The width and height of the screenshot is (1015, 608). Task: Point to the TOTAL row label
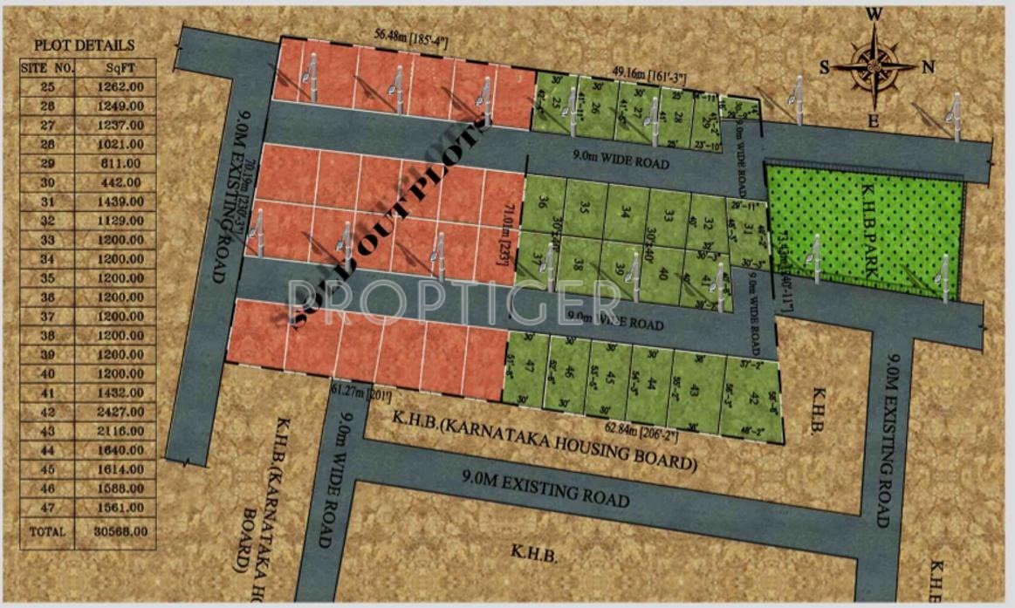(47, 530)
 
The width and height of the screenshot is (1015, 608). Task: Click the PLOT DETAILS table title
(84, 45)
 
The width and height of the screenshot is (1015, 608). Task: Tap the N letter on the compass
(929, 67)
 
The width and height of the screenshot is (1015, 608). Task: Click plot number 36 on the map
(543, 203)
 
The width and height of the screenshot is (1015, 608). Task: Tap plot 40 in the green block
(663, 274)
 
